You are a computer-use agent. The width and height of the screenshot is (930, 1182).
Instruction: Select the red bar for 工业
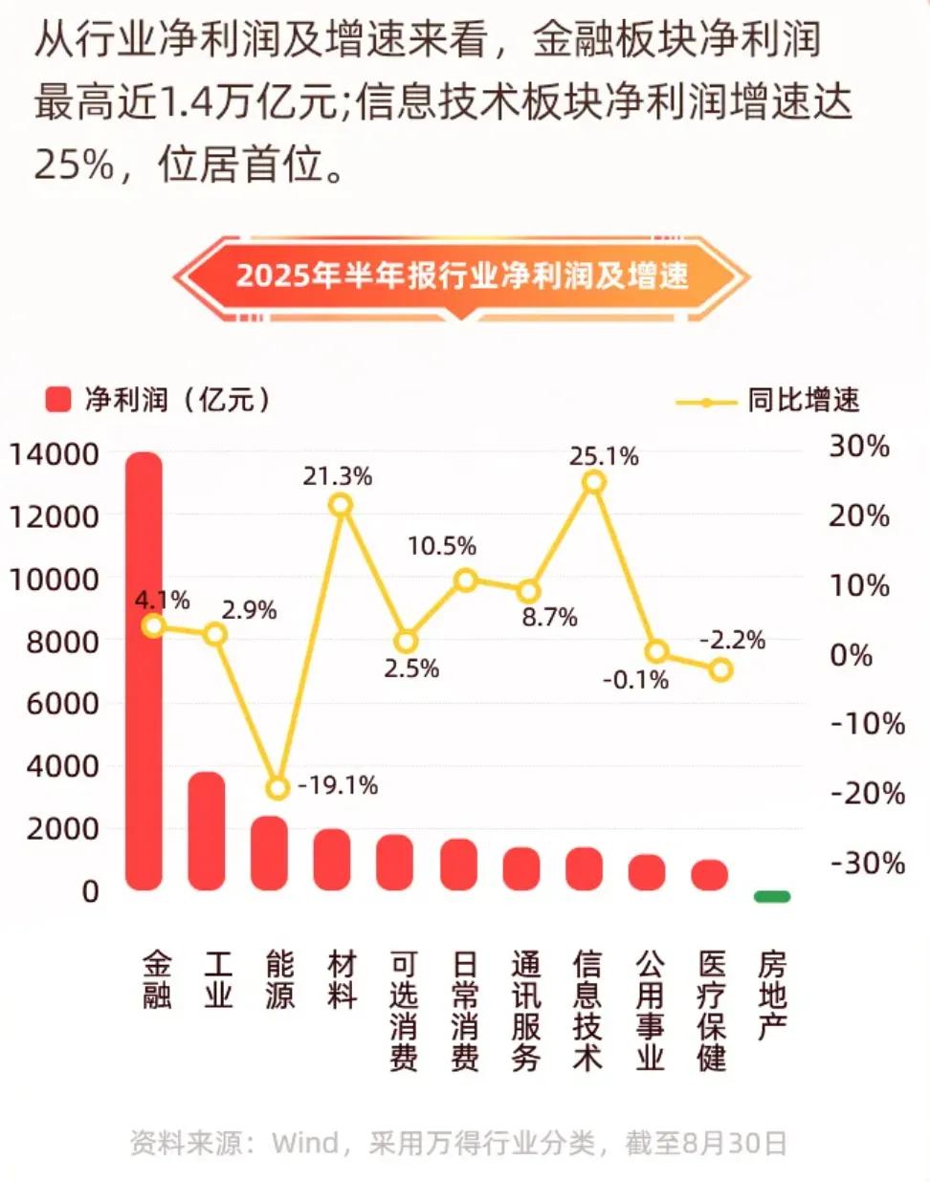pyautogui.click(x=207, y=831)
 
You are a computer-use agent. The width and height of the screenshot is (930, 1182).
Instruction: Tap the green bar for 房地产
pyautogui.click(x=772, y=896)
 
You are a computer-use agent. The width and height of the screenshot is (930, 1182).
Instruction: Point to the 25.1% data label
pyautogui.click(x=603, y=456)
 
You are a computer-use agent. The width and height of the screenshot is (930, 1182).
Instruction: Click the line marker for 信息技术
pyautogui.click(x=594, y=482)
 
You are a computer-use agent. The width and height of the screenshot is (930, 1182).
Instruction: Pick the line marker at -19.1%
pyautogui.click(x=277, y=788)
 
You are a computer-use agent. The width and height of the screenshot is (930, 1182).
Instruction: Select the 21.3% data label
pyautogui.click(x=337, y=476)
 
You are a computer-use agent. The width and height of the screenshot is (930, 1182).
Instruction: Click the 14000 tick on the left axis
pyautogui.click(x=55, y=454)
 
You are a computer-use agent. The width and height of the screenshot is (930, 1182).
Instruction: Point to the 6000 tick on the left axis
pyautogui.click(x=63, y=704)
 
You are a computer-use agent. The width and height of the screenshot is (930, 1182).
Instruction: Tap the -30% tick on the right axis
pyautogui.click(x=867, y=863)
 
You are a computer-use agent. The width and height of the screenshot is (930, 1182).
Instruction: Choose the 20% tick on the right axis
pyautogui.click(x=858, y=516)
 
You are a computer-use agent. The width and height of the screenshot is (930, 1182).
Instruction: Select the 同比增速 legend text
pyautogui.click(x=804, y=400)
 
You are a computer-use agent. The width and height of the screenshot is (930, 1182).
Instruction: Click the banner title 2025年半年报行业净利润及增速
pyautogui.click(x=462, y=275)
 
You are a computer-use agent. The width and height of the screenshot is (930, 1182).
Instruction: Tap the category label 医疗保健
pyautogui.click(x=711, y=1010)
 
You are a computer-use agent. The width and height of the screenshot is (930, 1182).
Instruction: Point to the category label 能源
pyautogui.click(x=279, y=979)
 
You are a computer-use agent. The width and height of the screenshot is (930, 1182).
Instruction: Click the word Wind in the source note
pyautogui.click(x=304, y=1143)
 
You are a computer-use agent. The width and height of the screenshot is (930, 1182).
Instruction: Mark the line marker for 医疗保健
pyautogui.click(x=720, y=669)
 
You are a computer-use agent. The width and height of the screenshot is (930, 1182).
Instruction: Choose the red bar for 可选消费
pyautogui.click(x=394, y=863)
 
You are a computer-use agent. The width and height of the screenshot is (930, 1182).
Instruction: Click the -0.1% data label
pyautogui.click(x=635, y=681)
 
